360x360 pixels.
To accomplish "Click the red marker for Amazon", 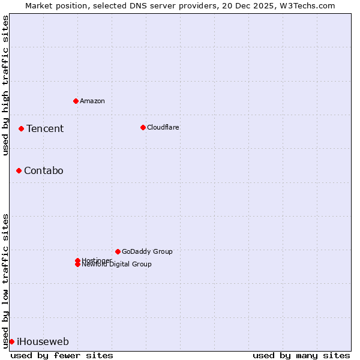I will (76, 101).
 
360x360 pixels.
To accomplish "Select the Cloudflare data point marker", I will (143, 127).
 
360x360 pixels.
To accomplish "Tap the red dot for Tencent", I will (21, 128).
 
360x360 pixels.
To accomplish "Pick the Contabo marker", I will (19, 170).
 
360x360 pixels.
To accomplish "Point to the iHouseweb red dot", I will (11, 341).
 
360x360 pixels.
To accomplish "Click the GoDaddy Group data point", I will (118, 251).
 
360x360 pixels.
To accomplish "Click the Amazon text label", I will (92, 101).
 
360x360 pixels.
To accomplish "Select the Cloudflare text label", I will (163, 127).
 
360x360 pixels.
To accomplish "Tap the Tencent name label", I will (45, 128).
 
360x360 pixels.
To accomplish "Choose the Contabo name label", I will (43, 170).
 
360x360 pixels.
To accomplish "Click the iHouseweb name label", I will (43, 341).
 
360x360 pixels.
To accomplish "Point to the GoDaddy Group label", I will (147, 251).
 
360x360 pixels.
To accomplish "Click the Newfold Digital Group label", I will (116, 265).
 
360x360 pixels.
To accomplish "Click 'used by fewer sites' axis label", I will (62, 355).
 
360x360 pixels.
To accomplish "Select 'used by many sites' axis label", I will (301, 355).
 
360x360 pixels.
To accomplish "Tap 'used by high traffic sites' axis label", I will (5, 85).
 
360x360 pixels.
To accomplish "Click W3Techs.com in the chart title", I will (310, 5).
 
